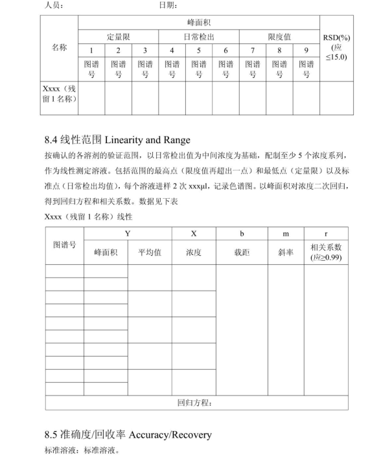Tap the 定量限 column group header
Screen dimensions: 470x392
[x=119, y=37]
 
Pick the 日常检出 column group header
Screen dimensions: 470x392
[x=199, y=37]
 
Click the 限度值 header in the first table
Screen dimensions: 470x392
[x=279, y=37]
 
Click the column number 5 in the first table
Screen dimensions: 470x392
[x=199, y=50]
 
